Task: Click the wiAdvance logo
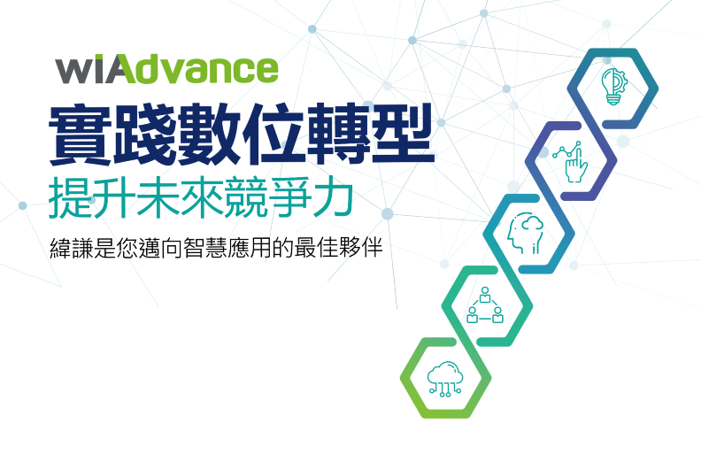pyautogui.click(x=166, y=68)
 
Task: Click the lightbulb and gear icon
pyautogui.click(x=612, y=87)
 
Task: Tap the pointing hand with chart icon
pyautogui.click(x=570, y=160)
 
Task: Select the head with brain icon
pyautogui.click(x=528, y=233)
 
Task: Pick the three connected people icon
pyautogui.click(x=485, y=305)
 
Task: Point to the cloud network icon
pyautogui.click(x=443, y=378)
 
